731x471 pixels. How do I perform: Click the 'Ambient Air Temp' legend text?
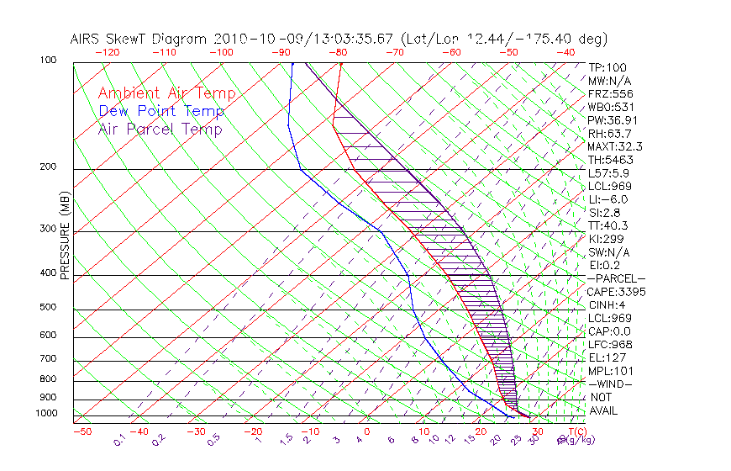[166, 93]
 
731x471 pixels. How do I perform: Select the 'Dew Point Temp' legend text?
[161, 111]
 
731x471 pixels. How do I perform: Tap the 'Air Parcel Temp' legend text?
[160, 129]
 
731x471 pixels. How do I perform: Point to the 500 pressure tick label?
[49, 308]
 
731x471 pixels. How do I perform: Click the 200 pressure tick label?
[49, 167]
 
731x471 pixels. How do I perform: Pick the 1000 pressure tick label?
[46, 414]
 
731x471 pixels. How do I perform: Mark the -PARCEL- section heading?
[616, 278]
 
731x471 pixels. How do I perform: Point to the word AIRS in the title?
[87, 39]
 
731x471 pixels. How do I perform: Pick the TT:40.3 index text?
[607, 225]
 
